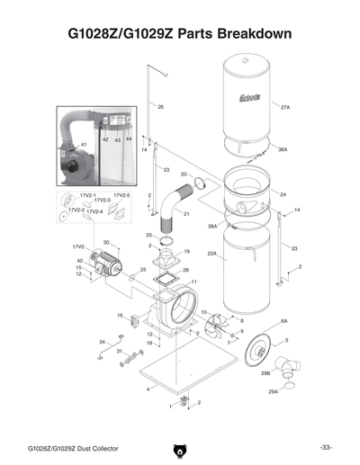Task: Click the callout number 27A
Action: tap(285, 106)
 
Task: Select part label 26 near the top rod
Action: tap(160, 107)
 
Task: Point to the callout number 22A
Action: tap(212, 255)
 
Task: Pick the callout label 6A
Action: tap(283, 320)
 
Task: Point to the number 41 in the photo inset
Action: tap(84, 144)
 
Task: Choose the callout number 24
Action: tap(283, 194)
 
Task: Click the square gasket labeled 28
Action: tap(165, 276)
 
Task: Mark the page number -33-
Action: tap(325, 447)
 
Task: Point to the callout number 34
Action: tap(102, 342)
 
